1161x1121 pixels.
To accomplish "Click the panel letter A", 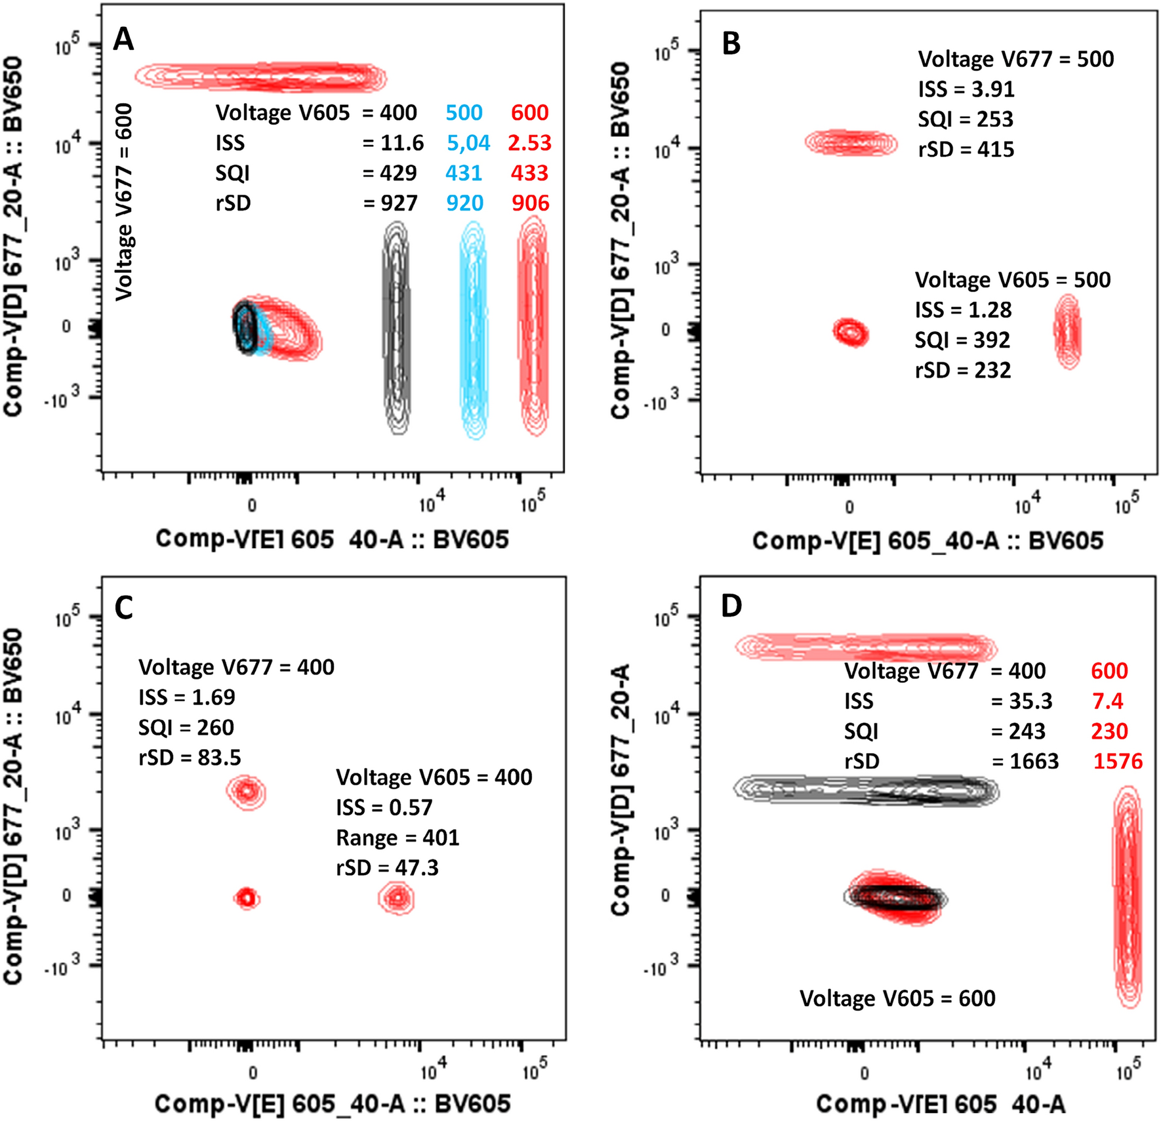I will tap(123, 39).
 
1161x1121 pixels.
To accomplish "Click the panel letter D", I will tap(731, 605).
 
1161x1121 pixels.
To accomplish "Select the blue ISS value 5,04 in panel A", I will tap(468, 143).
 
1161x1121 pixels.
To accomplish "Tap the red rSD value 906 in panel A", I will tap(530, 203).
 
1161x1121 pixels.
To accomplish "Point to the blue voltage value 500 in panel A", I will tap(464, 113).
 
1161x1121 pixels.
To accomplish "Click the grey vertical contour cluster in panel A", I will tap(396, 328).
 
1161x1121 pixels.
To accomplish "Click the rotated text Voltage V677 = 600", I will tap(124, 201).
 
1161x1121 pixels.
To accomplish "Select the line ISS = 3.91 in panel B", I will tap(966, 89).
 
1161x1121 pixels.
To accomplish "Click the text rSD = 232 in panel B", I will tap(962, 371).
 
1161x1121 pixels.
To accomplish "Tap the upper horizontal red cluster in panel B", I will tap(851, 142).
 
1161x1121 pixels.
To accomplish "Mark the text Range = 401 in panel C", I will tap(397, 838).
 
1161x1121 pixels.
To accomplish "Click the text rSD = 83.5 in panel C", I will tap(190, 758).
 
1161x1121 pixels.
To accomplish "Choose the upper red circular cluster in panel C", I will tap(247, 791).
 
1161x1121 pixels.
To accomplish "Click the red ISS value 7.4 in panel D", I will tap(1107, 701).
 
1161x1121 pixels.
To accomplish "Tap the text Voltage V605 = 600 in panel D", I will tap(897, 998).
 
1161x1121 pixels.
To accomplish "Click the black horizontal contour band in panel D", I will tap(865, 790).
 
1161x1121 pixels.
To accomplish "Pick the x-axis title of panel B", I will tap(927, 540).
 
